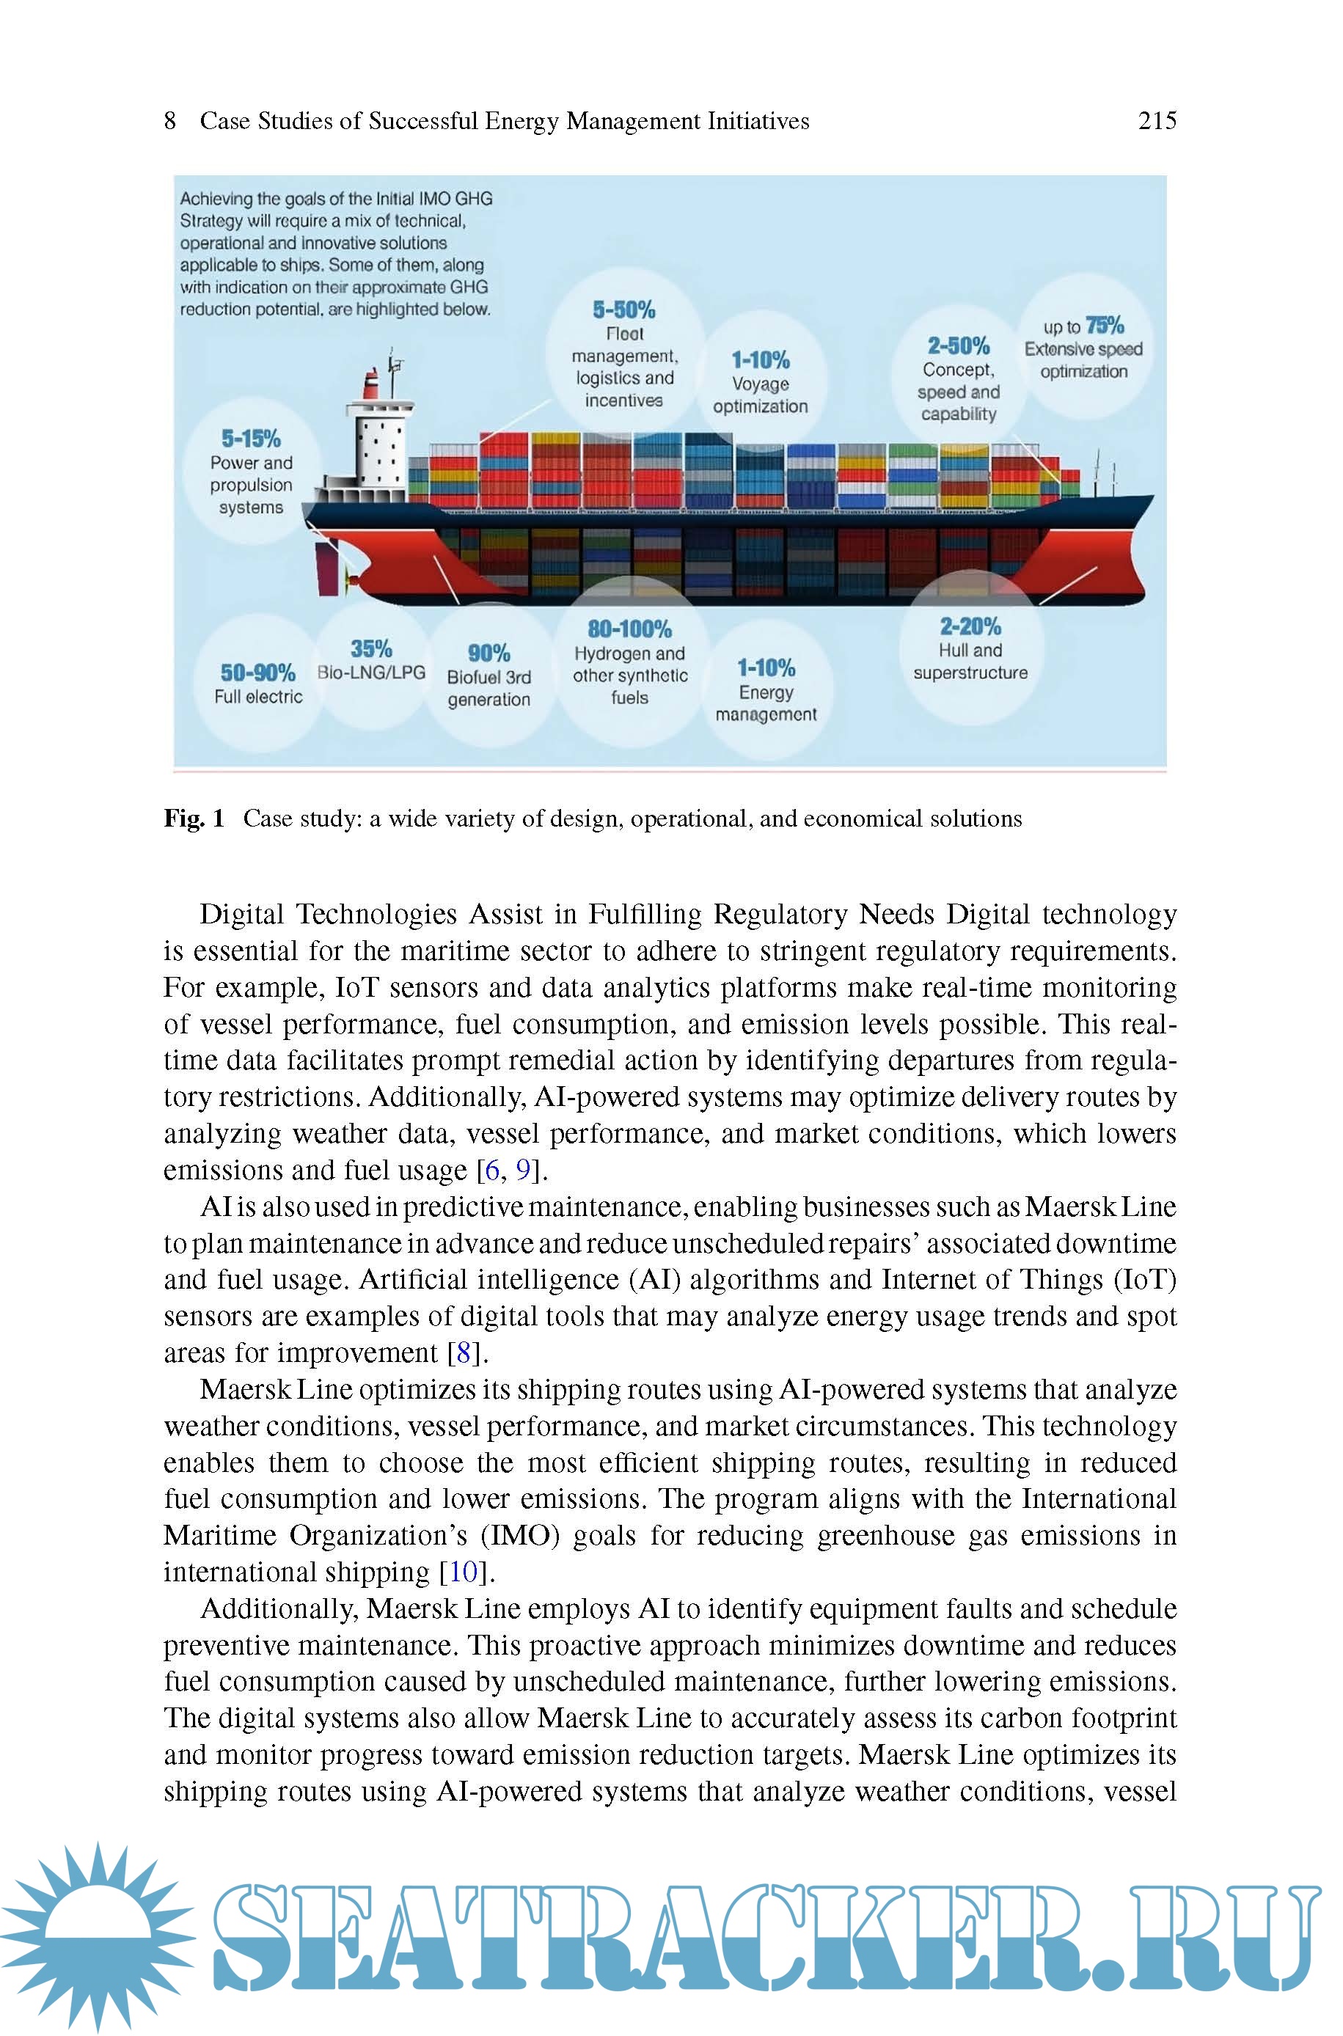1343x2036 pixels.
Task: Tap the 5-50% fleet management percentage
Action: click(623, 310)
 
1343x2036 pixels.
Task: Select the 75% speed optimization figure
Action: click(1104, 326)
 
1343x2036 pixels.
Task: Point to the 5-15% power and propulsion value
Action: click(251, 439)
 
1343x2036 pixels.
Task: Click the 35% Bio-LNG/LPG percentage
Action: click(371, 648)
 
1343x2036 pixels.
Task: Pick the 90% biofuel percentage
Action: click(488, 653)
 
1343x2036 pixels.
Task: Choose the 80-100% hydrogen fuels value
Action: click(629, 629)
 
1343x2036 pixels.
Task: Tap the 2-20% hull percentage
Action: click(970, 627)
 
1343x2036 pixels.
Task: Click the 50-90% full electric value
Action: click(257, 673)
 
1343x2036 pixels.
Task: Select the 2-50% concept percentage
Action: click(959, 346)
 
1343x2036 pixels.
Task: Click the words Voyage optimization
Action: click(761, 395)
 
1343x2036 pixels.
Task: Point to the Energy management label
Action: click(766, 703)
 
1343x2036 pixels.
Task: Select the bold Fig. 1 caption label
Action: click(194, 819)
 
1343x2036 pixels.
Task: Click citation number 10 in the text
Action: click(464, 1572)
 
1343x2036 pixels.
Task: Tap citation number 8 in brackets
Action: click(464, 1352)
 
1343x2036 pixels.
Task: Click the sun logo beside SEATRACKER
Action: click(97, 1935)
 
